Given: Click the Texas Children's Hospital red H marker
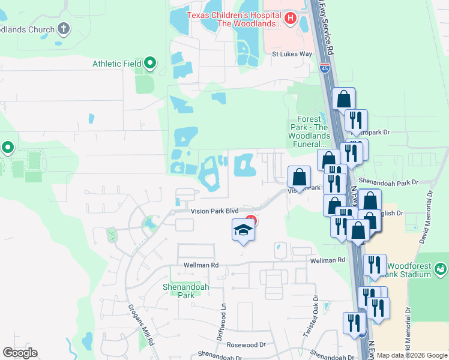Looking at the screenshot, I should (291, 19).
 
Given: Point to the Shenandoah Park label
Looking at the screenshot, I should (186, 291).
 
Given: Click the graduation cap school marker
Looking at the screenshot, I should (243, 230).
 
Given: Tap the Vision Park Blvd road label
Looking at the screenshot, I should (214, 211).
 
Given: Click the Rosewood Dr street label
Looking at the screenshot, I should (246, 345).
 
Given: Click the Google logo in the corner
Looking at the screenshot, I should (20, 353).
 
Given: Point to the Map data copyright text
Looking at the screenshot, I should (412, 355).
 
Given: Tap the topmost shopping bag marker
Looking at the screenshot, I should (343, 98).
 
